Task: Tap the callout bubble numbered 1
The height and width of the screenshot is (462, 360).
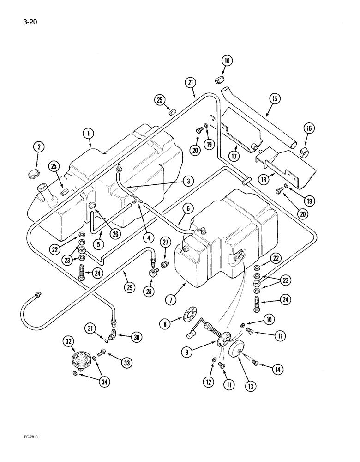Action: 88,134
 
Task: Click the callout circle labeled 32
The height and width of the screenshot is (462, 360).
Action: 69,342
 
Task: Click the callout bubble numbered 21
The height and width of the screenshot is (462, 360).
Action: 192,83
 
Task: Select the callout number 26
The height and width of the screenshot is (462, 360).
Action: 115,233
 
